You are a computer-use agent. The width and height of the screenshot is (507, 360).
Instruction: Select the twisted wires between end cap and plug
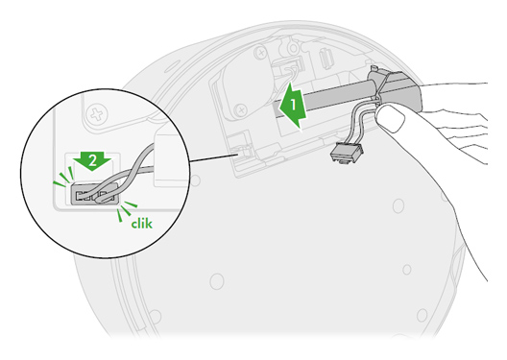coord(362,131)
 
